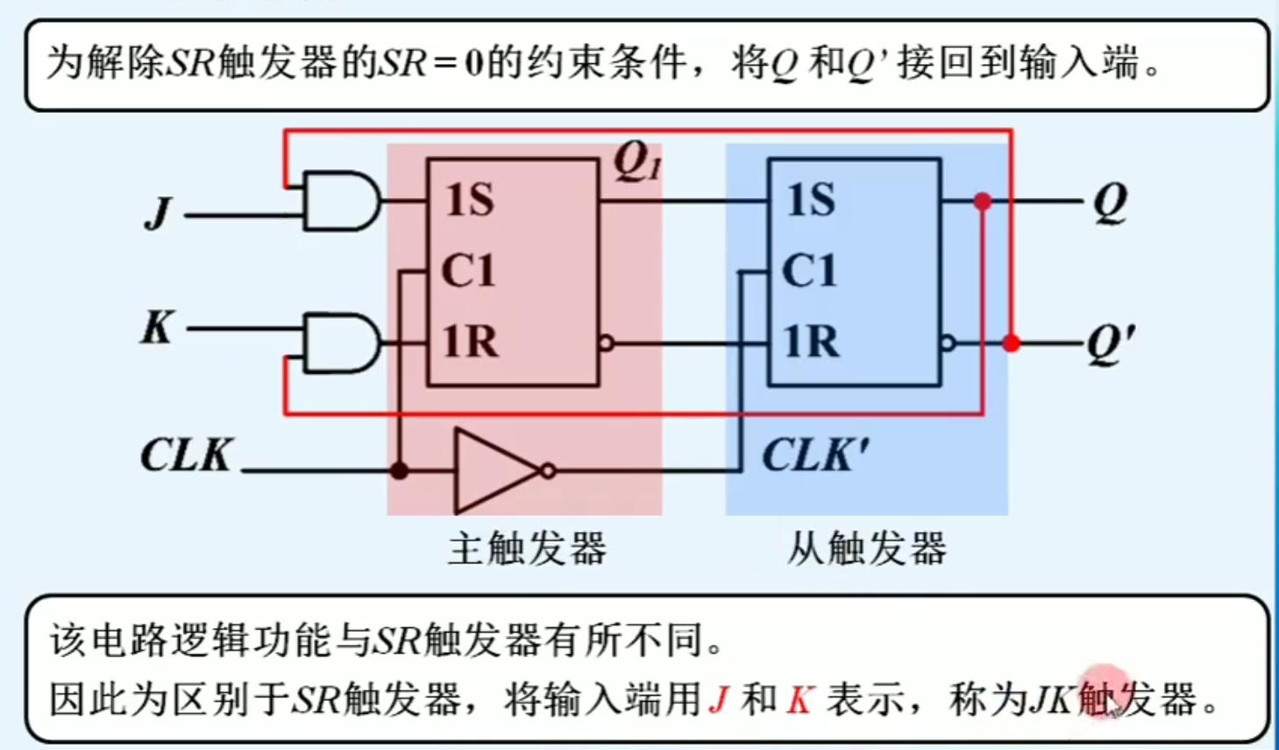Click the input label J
pyautogui.click(x=160, y=213)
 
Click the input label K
pyautogui.click(x=158, y=328)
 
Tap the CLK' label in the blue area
pyautogui.click(x=814, y=456)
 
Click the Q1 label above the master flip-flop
pyautogui.click(x=636, y=161)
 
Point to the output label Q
pyautogui.click(x=1110, y=204)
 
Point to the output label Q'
pyautogui.click(x=1112, y=343)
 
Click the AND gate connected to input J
pyautogui.click(x=340, y=202)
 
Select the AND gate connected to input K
pyautogui.click(x=340, y=343)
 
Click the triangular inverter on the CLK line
pyautogui.click(x=494, y=471)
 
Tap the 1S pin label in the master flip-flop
pyautogui.click(x=470, y=200)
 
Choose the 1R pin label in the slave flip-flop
pyautogui.click(x=811, y=341)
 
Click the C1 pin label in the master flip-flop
pyautogui.click(x=468, y=271)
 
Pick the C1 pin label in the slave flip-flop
pyautogui.click(x=809, y=271)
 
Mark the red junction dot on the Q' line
pyautogui.click(x=1011, y=343)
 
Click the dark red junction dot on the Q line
pyautogui.click(x=983, y=202)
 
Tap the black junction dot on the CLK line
pyautogui.click(x=399, y=471)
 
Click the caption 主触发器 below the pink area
pyautogui.click(x=527, y=549)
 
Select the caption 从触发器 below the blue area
pyautogui.click(x=866, y=549)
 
